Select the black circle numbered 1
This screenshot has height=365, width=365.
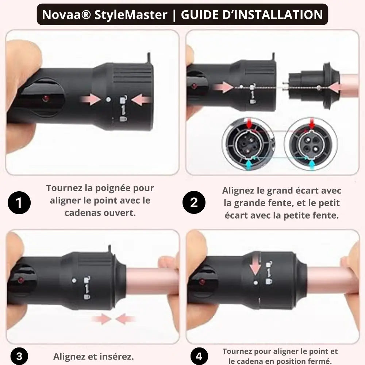(x=19, y=202)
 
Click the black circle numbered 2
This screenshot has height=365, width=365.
(x=194, y=202)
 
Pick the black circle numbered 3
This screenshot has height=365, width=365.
(x=19, y=356)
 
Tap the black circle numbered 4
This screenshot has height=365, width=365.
(x=199, y=356)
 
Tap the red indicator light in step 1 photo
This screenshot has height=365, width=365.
(x=45, y=98)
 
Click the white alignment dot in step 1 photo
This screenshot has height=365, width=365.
(x=108, y=99)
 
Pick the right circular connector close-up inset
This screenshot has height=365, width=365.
(x=311, y=144)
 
